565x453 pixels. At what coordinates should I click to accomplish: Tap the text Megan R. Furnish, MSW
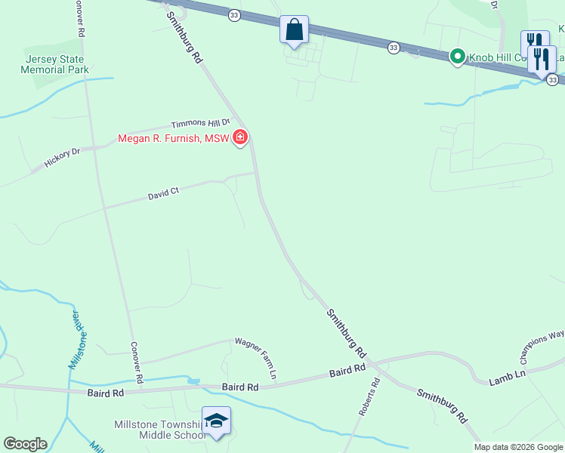173,138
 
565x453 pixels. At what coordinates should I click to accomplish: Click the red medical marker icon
240,137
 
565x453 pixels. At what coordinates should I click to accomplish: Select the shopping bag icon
294,31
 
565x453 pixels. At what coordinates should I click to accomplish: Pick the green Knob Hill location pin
457,57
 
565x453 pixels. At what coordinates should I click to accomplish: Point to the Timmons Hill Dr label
199,124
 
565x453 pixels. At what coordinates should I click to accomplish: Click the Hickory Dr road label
62,157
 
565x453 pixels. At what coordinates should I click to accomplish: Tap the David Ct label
163,194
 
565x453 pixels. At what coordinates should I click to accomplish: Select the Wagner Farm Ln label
256,357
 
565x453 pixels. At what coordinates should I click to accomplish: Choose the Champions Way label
542,344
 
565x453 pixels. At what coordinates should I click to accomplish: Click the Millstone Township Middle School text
159,430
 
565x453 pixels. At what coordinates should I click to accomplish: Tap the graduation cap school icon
216,421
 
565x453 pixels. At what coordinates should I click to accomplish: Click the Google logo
25,444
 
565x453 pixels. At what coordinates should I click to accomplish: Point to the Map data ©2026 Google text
518,447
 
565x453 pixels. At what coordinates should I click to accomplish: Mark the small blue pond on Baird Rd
194,381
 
